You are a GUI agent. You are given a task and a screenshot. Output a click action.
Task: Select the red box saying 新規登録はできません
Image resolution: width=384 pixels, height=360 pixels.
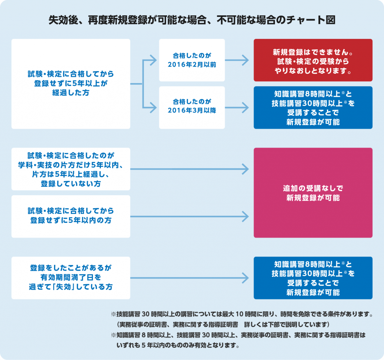313,60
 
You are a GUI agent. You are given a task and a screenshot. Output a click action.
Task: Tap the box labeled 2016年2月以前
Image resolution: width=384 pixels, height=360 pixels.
192,60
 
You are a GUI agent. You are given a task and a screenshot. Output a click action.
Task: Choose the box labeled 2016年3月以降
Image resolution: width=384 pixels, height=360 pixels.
192,108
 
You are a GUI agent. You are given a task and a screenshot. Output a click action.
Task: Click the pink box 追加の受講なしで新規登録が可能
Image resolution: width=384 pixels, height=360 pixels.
313,193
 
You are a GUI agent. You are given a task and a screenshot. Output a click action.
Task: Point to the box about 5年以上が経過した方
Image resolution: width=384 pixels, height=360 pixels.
71,84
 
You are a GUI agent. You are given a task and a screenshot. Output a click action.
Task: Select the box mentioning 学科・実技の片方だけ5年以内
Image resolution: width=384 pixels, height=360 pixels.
71,169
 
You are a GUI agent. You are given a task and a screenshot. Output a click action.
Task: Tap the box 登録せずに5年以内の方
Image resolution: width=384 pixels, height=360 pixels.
71,216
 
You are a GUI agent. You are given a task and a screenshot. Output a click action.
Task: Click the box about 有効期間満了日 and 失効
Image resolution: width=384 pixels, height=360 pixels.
71,278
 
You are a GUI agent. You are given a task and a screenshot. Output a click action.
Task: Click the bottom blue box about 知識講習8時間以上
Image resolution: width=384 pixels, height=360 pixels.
313,278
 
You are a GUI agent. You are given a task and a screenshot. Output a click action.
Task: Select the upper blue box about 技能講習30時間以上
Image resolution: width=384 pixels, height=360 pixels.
313,108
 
